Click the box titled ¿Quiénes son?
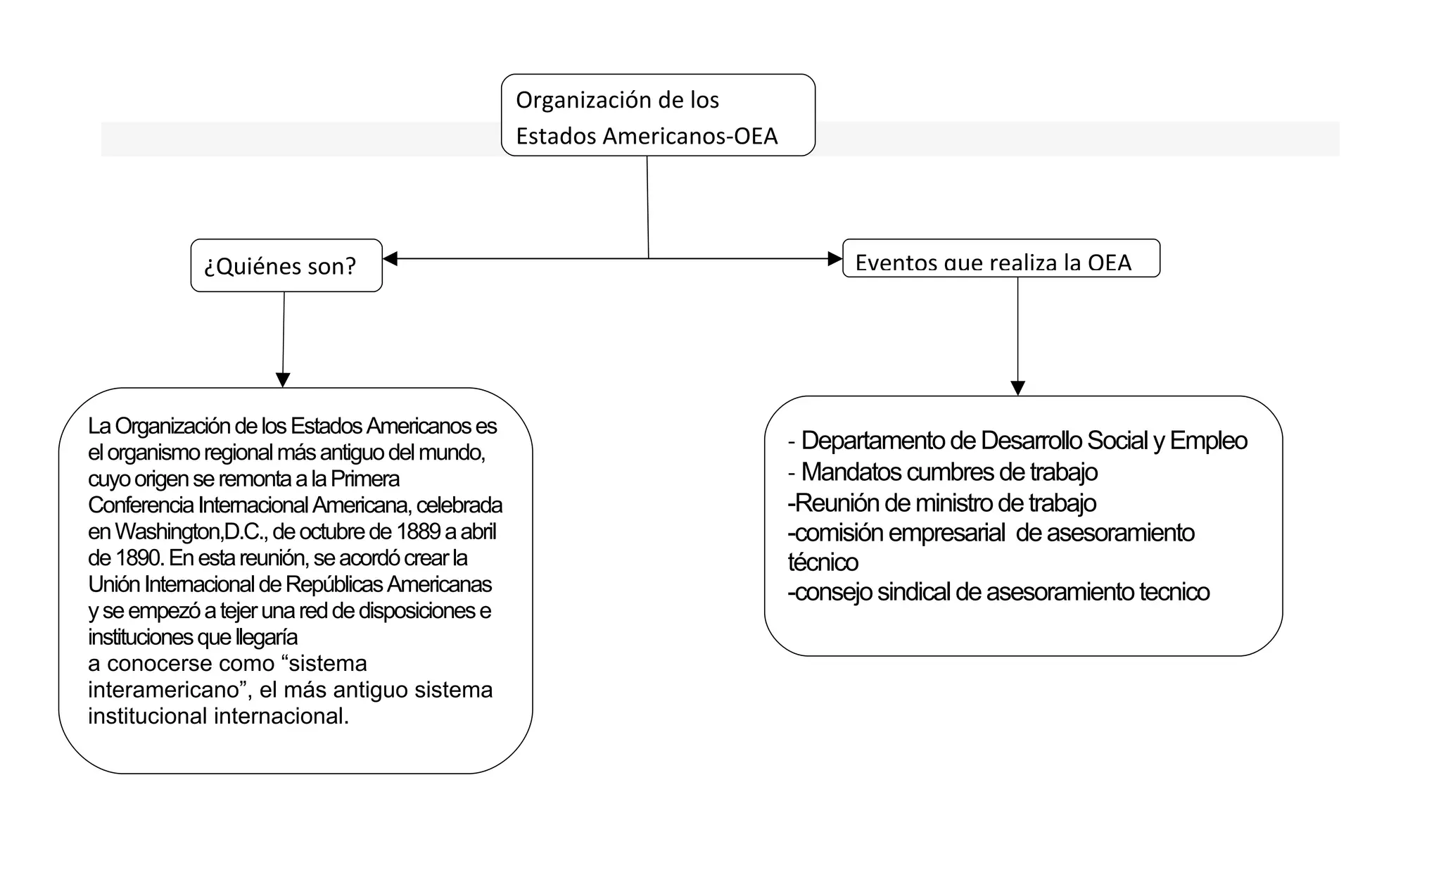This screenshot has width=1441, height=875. tap(286, 265)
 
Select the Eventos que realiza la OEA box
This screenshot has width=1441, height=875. tap(1001, 259)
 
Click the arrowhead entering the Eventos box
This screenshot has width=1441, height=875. tap(835, 259)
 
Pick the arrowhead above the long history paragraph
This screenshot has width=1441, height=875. tap(283, 380)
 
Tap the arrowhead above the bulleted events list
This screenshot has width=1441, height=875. tap(1017, 388)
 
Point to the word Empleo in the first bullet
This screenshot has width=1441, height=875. tap(1208, 441)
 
